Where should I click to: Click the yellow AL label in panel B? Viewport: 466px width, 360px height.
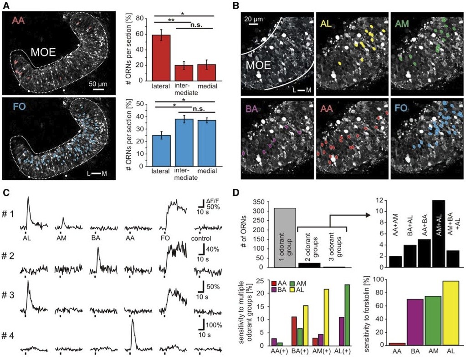pos(325,23)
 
